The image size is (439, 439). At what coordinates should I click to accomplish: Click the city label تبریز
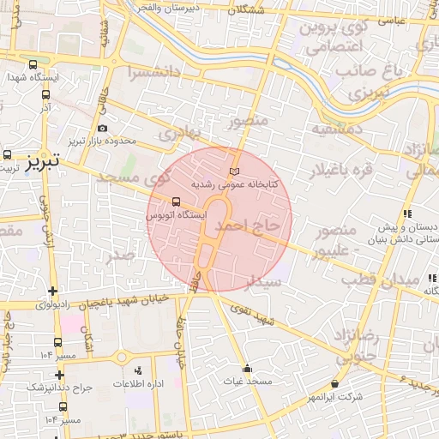click(41, 161)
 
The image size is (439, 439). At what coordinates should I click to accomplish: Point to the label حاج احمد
click(248, 226)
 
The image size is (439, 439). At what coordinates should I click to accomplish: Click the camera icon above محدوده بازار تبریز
click(102, 128)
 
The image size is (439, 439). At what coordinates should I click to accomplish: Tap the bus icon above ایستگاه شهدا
click(33, 64)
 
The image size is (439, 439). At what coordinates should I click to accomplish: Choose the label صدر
click(121, 255)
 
